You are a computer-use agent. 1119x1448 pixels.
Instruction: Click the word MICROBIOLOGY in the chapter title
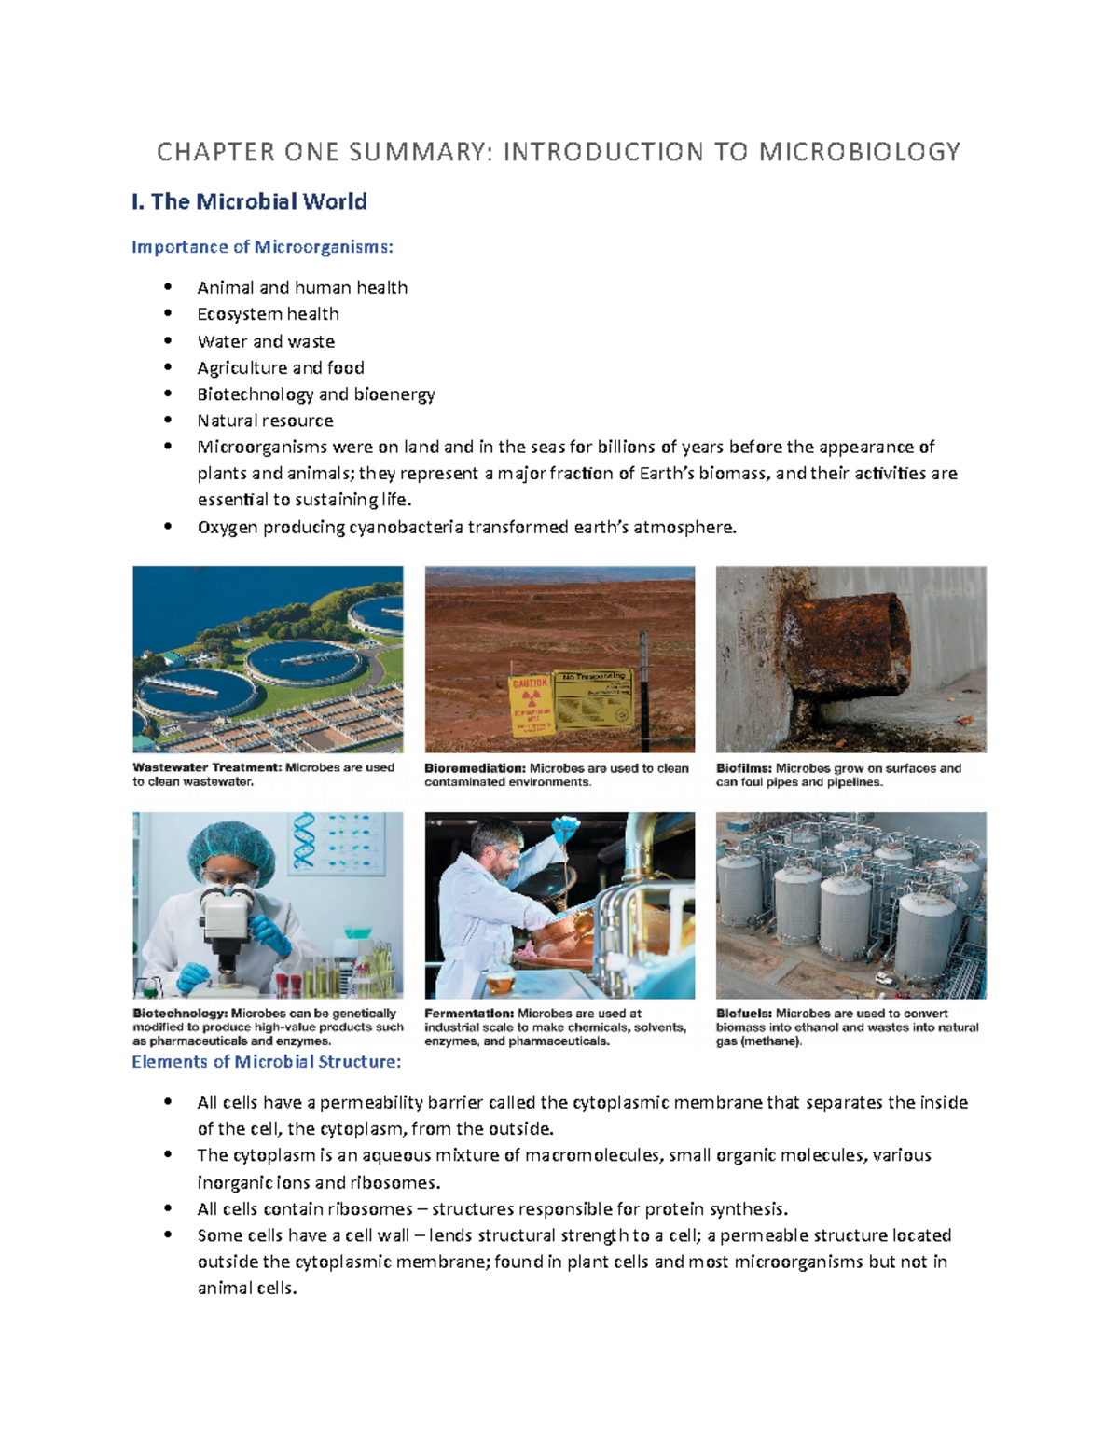[x=859, y=152]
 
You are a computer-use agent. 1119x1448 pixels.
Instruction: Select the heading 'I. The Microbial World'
[x=249, y=201]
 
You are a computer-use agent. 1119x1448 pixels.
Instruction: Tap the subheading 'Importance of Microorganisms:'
[x=262, y=247]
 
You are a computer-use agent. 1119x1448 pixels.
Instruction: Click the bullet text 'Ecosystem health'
[x=268, y=314]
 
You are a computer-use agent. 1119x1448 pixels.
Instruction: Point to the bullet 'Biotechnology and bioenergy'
[x=315, y=394]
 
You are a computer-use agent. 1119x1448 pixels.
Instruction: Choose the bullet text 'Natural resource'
[x=265, y=421]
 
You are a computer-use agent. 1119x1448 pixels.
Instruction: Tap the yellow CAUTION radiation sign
[x=531, y=705]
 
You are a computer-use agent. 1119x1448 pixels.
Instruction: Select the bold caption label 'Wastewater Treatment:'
[x=206, y=768]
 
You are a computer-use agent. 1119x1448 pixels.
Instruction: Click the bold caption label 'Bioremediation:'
[x=475, y=769]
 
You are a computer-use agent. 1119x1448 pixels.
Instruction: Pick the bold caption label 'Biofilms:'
[x=743, y=769]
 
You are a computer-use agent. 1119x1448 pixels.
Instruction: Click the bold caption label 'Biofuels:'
[x=743, y=1014]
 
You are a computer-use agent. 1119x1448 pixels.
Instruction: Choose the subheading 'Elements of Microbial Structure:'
[x=266, y=1062]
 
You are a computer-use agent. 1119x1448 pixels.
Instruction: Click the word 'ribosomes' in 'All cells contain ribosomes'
[x=372, y=1209]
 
